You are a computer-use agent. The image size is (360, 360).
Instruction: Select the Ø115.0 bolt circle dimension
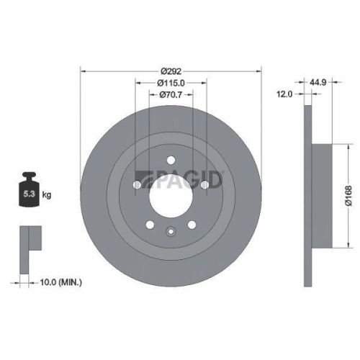point(170,83)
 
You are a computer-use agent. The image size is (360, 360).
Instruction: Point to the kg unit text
point(47,194)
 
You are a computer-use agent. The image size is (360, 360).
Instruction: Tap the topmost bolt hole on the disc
point(170,161)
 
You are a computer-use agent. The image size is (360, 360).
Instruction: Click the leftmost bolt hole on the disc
point(138,184)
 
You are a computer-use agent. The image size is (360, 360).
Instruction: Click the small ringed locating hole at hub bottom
point(170,231)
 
